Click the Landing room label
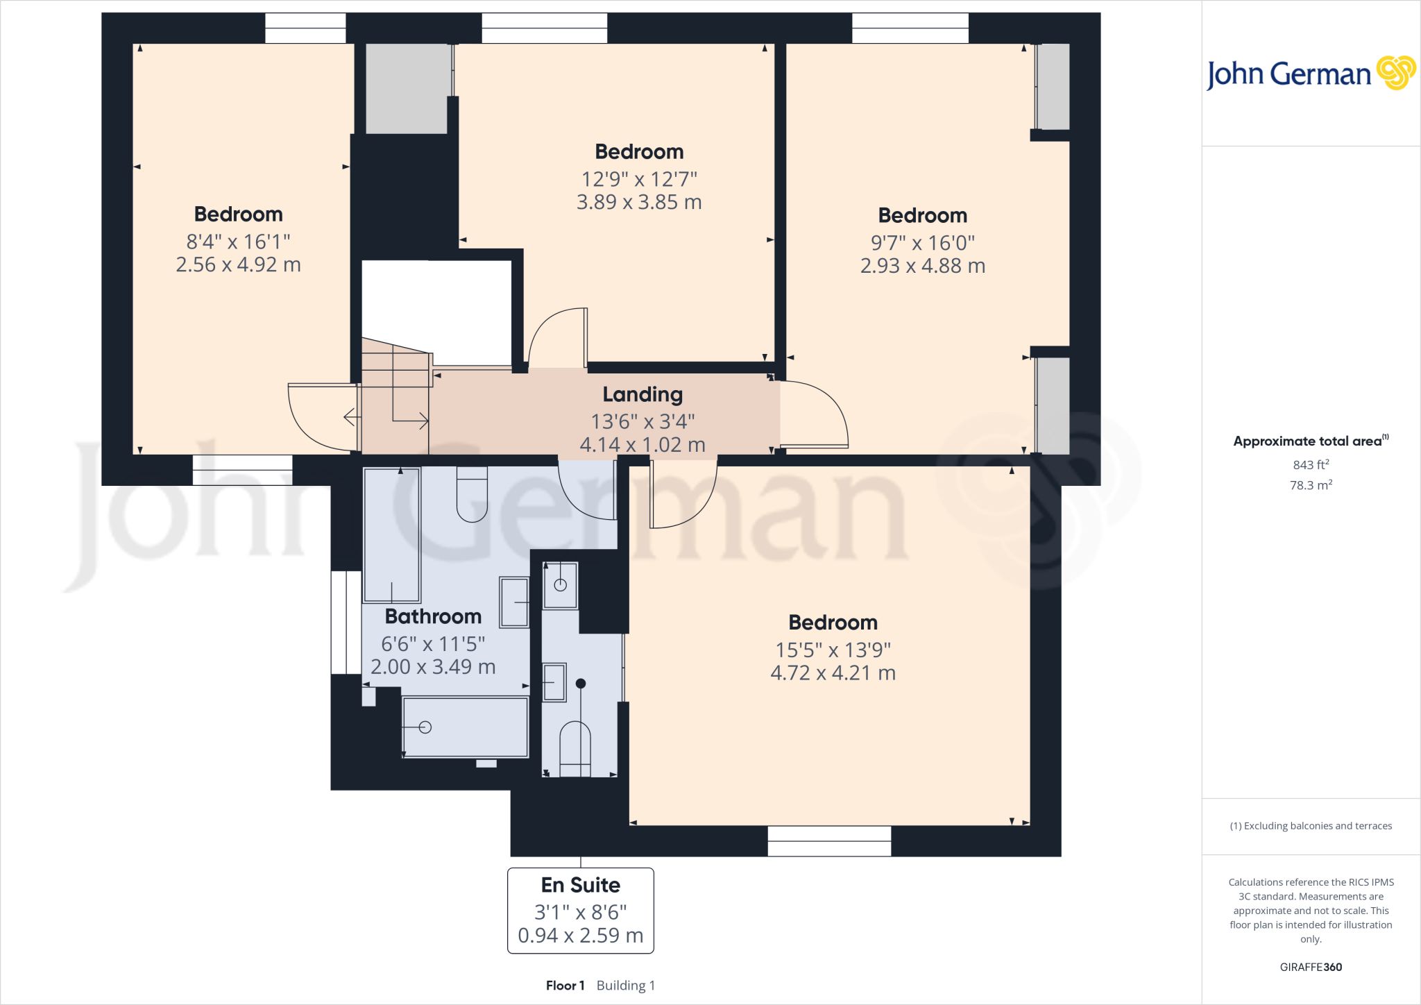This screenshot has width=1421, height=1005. coord(643,394)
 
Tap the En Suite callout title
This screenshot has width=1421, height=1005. coord(581,885)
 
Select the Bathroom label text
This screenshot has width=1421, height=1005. coord(433,616)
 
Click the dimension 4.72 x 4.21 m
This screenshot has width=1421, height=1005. coord(833,673)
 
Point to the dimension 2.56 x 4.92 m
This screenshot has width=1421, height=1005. coord(238,264)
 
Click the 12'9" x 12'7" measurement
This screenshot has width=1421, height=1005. coord(639,179)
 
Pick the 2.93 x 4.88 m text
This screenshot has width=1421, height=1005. coord(922,266)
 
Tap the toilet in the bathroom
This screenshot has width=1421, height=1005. coord(472,494)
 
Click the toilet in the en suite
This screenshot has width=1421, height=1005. coord(575,748)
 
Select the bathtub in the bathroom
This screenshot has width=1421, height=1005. coord(466,727)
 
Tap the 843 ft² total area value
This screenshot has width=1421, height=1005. coord(1311,465)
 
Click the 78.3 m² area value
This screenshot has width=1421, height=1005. coord(1311,485)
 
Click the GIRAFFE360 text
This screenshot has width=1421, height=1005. coord(1311,967)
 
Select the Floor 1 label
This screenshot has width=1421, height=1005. coord(565,986)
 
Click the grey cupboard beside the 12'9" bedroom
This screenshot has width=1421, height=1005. coord(407,88)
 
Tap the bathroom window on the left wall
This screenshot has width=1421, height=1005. coord(346,623)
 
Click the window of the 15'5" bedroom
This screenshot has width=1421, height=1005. coord(829,841)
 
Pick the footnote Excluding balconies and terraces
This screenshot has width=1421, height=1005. coord(1311,826)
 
